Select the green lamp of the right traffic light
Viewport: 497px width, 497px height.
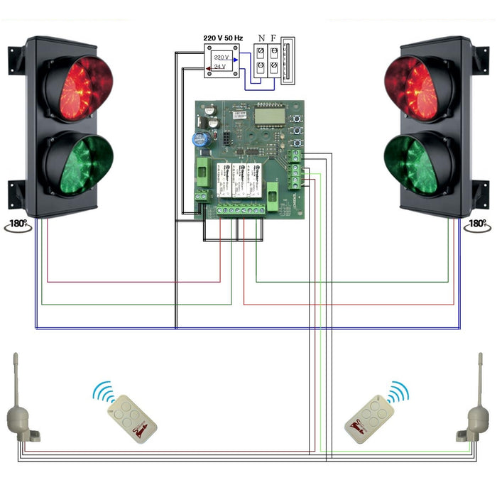click(x=419, y=166)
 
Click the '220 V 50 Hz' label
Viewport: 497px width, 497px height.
click(x=223, y=37)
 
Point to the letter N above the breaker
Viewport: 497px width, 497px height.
click(x=261, y=38)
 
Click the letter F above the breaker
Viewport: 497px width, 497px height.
click(x=273, y=38)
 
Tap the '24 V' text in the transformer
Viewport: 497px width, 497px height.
click(x=220, y=66)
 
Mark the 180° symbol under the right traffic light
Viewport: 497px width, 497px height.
click(x=476, y=224)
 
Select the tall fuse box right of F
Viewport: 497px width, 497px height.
click(x=286, y=64)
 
